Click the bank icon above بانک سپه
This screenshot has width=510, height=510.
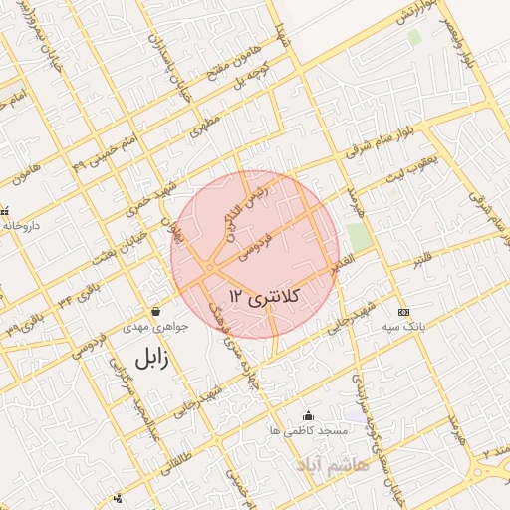coord(402,311)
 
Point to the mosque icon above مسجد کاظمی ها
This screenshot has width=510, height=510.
coord(307,415)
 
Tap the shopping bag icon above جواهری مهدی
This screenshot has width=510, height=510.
coord(155,312)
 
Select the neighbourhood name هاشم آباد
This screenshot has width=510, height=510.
coord(332,464)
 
